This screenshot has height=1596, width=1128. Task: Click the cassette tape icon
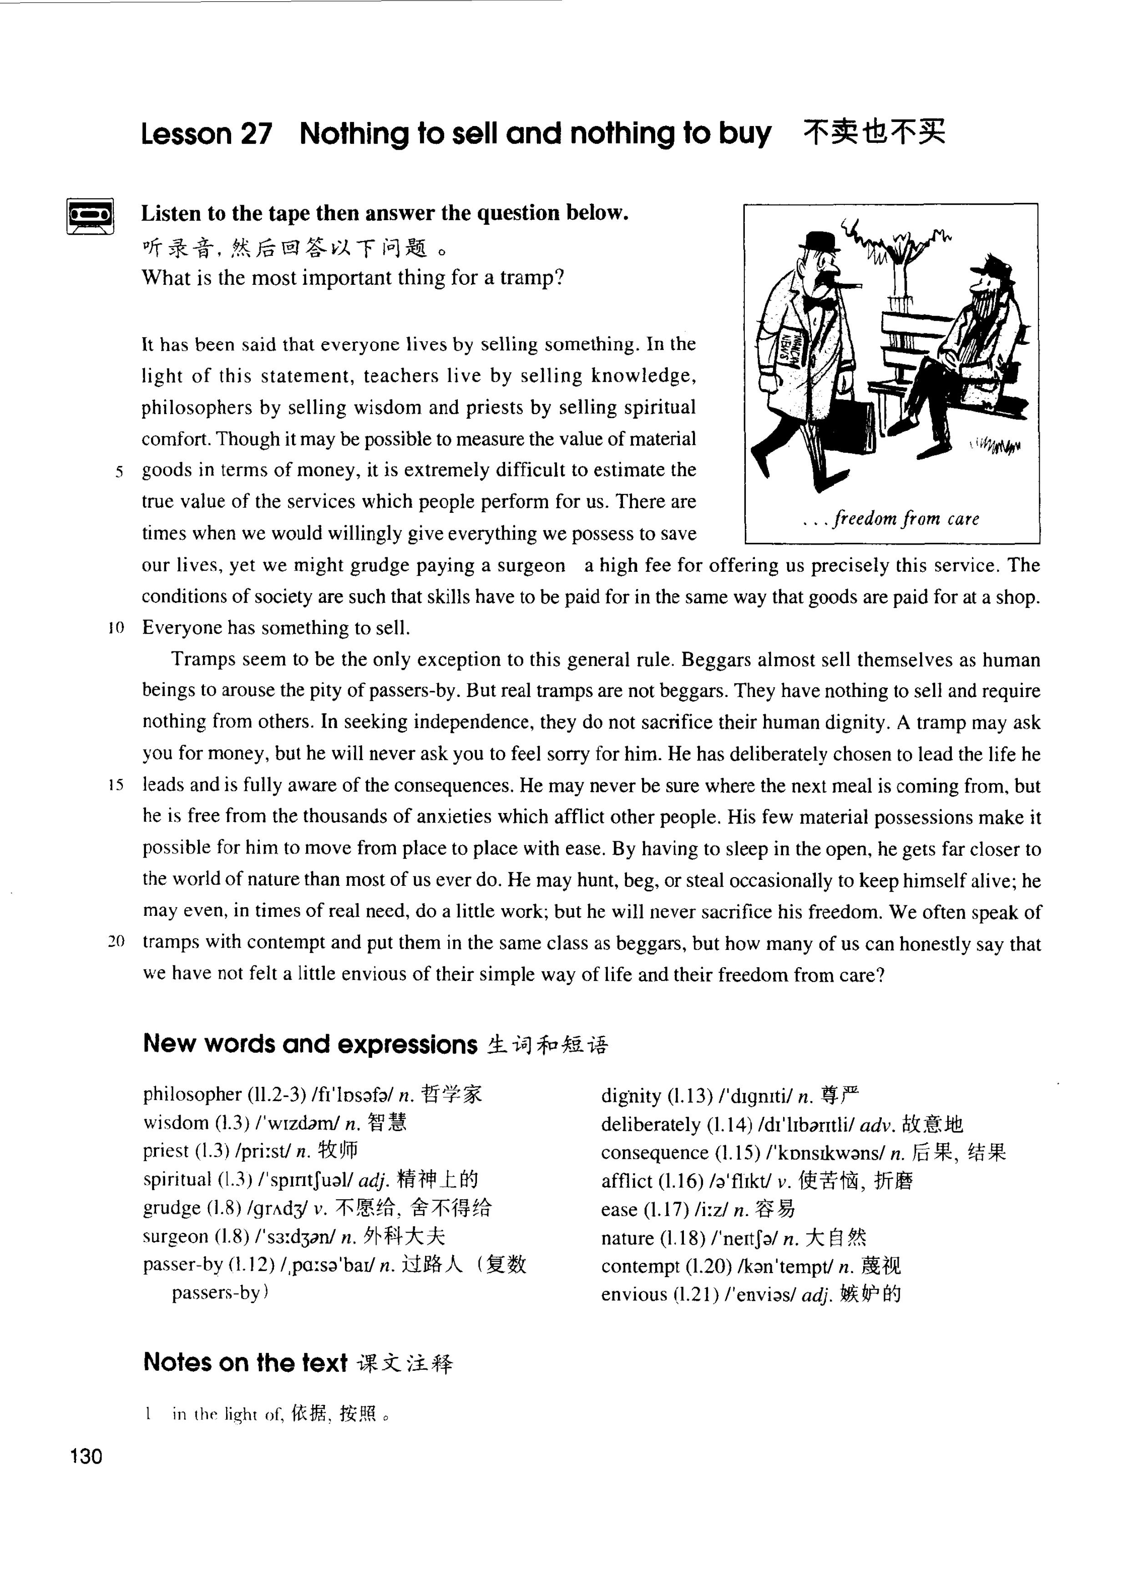(91, 216)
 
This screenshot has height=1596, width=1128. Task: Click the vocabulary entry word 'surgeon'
(175, 1237)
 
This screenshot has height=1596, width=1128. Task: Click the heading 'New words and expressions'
(310, 1044)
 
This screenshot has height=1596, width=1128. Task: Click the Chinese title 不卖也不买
(874, 132)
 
